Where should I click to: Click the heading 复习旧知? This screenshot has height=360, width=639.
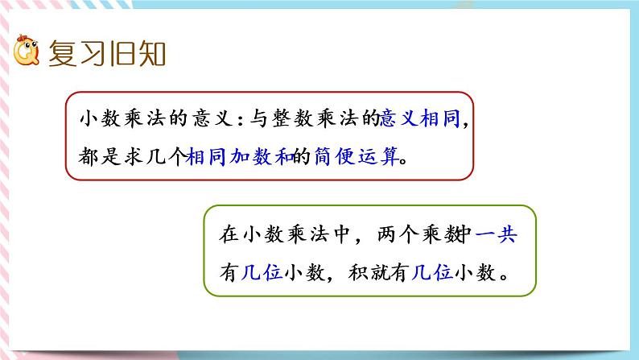[107, 56]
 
